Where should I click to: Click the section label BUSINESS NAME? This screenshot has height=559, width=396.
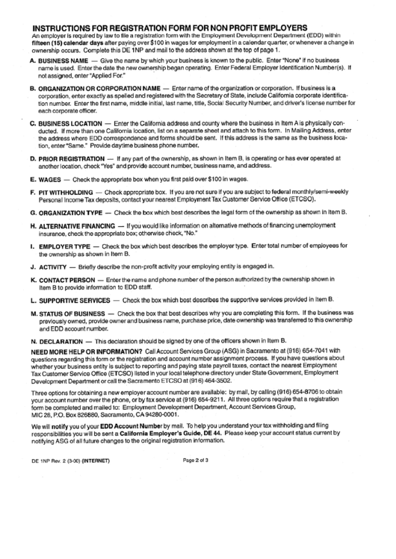[x=64, y=59]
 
